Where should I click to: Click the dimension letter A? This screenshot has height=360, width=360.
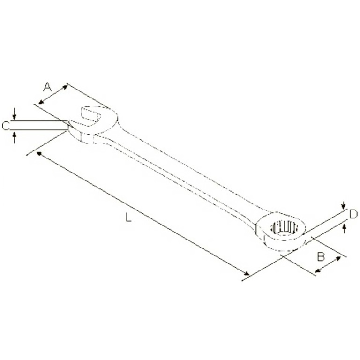click(47, 87)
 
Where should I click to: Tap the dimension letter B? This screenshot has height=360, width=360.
click(321, 256)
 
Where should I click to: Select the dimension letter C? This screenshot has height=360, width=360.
click(6, 126)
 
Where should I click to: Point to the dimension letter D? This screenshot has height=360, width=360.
click(353, 214)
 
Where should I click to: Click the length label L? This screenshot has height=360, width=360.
click(128, 217)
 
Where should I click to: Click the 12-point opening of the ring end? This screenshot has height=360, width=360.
click(283, 227)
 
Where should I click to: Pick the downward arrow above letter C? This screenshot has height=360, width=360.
click(15, 113)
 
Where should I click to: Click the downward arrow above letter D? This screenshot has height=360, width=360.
click(344, 205)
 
